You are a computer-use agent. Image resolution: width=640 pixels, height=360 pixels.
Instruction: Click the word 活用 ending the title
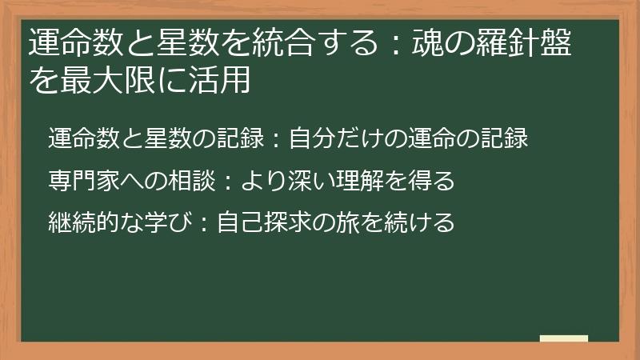[x=225, y=79]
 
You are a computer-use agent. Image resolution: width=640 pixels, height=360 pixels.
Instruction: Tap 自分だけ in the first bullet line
[x=337, y=138]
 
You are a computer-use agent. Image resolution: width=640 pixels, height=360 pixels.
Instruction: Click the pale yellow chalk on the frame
[x=564, y=339]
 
